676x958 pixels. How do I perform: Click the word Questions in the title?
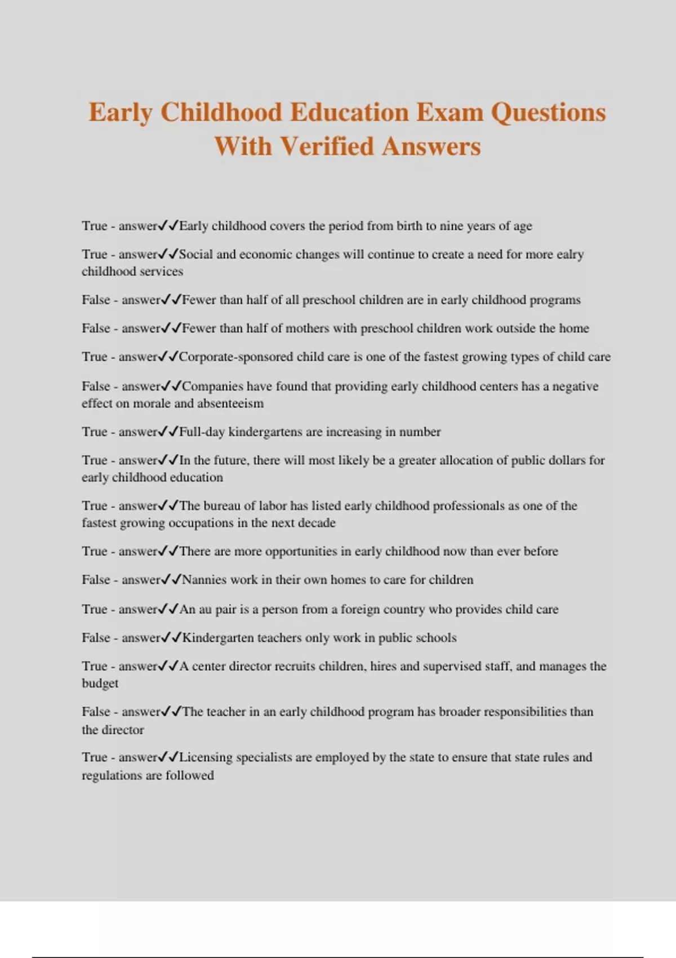548,112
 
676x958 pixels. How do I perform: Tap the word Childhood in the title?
221,112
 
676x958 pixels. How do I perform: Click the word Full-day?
202,432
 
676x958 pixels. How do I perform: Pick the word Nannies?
204,580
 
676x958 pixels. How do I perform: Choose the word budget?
100,684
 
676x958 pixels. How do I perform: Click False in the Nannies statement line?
96,580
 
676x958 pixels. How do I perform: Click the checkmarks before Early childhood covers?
168,226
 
